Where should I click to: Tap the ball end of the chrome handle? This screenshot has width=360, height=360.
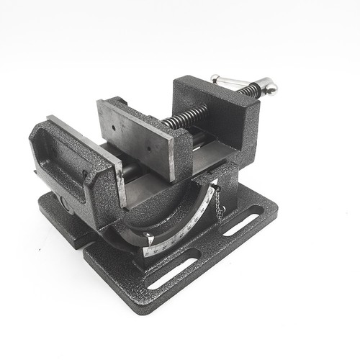click(270, 87)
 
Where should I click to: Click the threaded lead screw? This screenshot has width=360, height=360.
click(185, 114)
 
